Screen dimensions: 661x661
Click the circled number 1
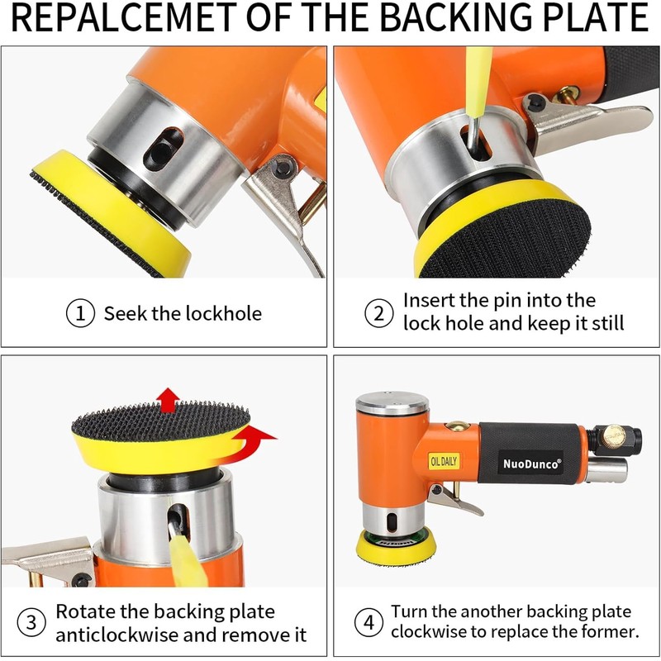tap(80, 313)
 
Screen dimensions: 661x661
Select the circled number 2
tap(379, 313)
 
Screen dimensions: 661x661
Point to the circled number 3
tap(31, 623)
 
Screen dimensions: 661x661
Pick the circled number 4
tap(369, 622)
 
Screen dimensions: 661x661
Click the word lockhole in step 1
tap(223, 314)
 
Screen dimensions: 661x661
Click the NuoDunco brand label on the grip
tap(532, 464)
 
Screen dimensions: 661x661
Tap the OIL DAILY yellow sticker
tap(444, 461)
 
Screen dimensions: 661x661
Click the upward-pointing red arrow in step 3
tap(169, 400)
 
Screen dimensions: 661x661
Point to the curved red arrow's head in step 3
tap(261, 433)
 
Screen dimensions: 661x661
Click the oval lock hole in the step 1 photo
tap(164, 150)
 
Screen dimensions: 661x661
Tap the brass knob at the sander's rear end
tap(613, 436)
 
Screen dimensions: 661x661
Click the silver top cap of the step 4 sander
tap(392, 403)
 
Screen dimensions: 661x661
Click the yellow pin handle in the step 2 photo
tap(478, 81)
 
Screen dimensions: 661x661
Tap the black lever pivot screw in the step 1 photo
tap(281, 168)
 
